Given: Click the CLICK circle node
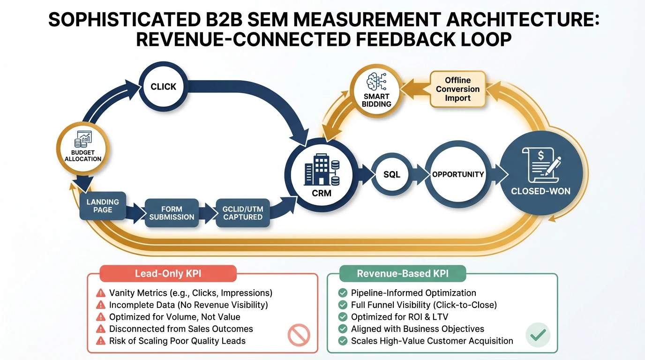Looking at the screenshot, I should click(x=163, y=87).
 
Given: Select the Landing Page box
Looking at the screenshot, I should click(x=103, y=206).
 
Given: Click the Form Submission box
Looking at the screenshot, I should click(x=172, y=213).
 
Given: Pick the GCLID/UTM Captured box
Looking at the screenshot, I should click(x=243, y=213).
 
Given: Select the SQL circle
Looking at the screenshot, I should click(x=392, y=175).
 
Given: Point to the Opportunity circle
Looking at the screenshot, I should click(x=457, y=174).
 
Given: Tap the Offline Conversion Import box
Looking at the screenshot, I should click(x=457, y=89).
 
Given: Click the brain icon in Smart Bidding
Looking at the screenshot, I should click(x=376, y=81).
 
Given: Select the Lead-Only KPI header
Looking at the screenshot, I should click(x=168, y=274).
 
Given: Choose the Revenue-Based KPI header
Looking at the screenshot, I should click(x=402, y=274).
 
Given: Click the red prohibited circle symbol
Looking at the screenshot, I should click(x=299, y=336).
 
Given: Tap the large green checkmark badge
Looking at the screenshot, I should click(x=537, y=335).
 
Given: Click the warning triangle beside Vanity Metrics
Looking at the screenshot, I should click(x=100, y=293).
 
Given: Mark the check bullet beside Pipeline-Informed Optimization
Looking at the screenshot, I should click(x=342, y=293).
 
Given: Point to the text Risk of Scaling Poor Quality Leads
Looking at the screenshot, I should click(x=177, y=341).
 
